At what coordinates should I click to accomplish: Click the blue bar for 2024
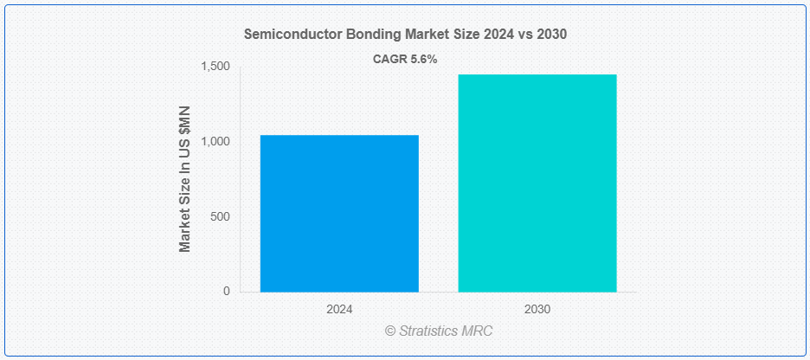click(339, 213)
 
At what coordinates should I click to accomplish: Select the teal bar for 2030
click(537, 183)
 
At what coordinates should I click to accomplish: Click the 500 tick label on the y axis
click(221, 217)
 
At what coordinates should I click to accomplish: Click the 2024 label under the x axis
click(339, 310)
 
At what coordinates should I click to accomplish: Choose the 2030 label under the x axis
click(537, 310)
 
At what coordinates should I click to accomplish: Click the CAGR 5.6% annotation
click(405, 60)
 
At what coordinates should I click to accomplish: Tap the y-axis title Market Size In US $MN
click(185, 179)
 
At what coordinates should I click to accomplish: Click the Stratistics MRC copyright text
click(439, 331)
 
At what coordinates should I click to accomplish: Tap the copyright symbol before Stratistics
click(390, 331)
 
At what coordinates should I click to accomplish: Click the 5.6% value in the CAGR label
click(422, 60)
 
